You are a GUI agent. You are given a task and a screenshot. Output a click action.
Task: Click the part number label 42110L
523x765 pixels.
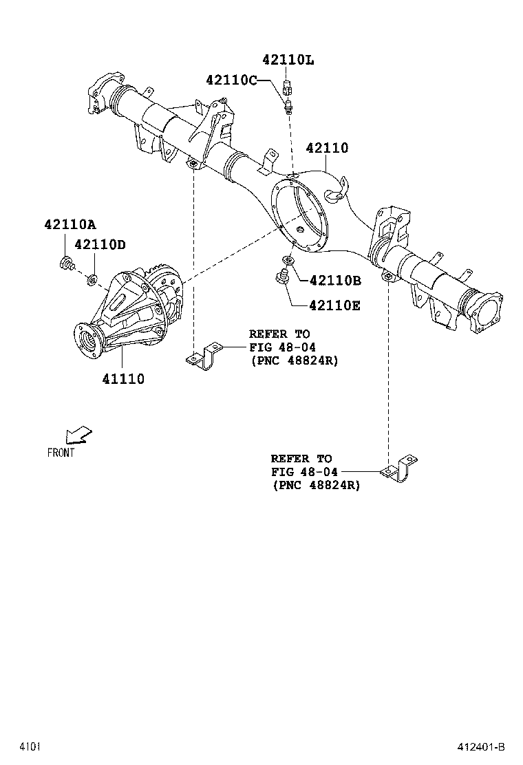(x=288, y=60)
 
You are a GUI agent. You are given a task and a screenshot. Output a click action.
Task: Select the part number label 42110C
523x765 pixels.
(x=231, y=80)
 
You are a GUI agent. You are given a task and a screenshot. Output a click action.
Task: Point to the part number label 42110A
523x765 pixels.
(x=70, y=224)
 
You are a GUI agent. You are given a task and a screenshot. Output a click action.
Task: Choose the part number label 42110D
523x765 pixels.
(x=100, y=244)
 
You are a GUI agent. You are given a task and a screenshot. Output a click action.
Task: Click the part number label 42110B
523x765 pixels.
(x=335, y=280)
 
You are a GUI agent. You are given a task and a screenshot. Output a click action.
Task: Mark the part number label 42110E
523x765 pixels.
(x=334, y=305)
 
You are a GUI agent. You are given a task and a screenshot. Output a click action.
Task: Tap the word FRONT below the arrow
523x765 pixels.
(x=61, y=453)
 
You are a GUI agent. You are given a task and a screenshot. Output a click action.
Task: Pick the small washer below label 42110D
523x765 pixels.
(x=90, y=279)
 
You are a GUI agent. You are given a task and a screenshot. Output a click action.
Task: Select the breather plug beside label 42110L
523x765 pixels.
(x=288, y=87)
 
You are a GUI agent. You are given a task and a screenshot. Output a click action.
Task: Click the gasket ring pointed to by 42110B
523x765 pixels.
(x=287, y=261)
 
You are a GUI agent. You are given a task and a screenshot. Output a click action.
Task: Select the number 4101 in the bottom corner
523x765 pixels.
(x=30, y=747)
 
